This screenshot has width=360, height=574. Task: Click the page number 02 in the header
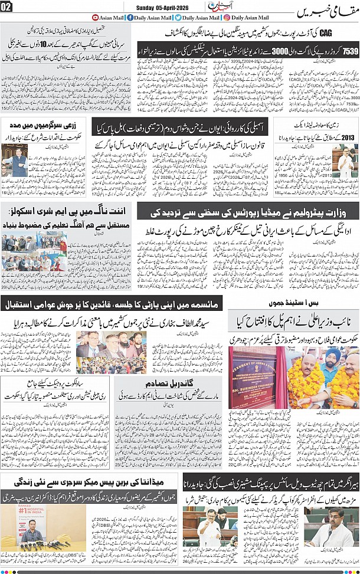pyautogui.click(x=7, y=7)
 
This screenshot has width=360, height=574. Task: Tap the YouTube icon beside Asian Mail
pyautogui.click(x=96, y=18)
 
